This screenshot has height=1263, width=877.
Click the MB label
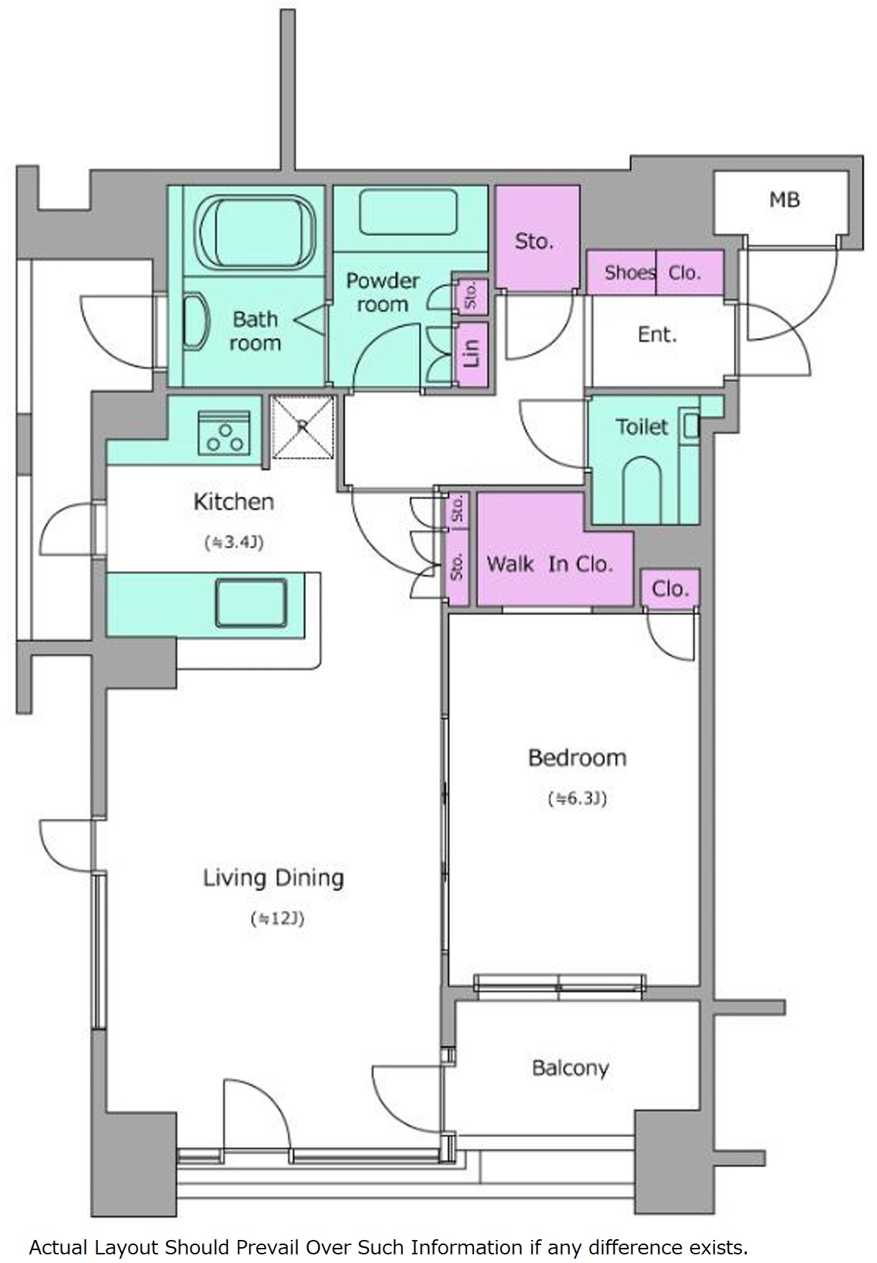pos(784,199)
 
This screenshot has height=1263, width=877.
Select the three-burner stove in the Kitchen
pos(224,433)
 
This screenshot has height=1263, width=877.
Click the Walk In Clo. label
pos(550,564)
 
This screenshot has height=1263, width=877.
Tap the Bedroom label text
pos(577,757)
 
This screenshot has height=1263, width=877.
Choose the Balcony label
pos(571,1068)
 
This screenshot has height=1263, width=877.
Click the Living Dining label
pos(273,878)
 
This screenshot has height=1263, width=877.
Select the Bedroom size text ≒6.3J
pos(578,798)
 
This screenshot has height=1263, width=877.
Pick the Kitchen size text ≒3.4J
pos(234,542)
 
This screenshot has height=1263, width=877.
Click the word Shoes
pos(630,273)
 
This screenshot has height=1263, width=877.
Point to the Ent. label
pos(658,334)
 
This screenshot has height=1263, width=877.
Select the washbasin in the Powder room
pos(409,211)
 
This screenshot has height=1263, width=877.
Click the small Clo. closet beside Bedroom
pos(671,589)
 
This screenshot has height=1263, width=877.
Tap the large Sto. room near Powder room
pos(537,238)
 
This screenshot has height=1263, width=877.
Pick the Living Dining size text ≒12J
pos(278,918)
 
